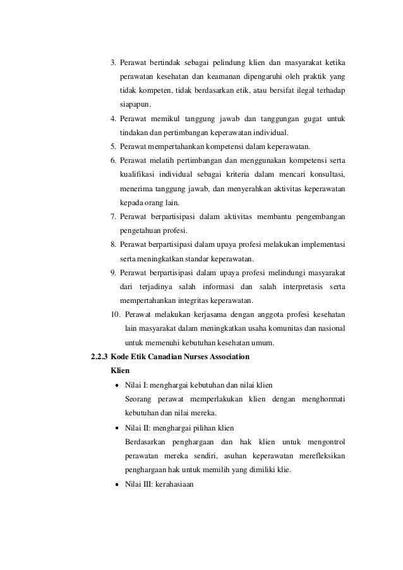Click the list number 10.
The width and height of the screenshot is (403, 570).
click(115, 314)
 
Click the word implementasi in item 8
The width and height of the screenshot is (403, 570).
click(325, 245)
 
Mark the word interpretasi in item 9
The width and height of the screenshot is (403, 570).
click(298, 287)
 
